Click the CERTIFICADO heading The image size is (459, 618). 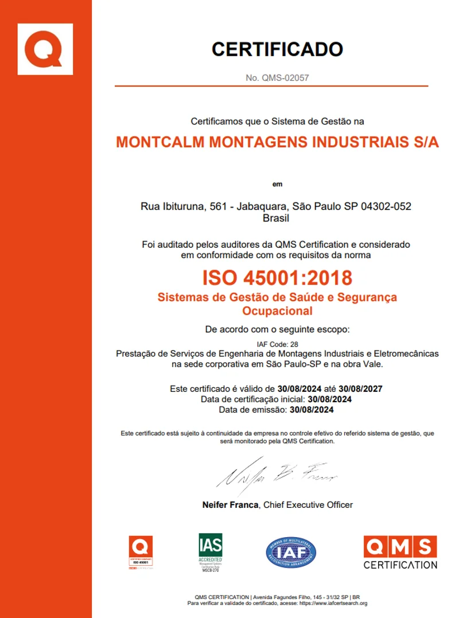point(277,49)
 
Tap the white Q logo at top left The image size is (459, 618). point(45,49)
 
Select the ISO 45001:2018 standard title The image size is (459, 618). point(277,278)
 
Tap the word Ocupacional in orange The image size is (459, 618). point(277,311)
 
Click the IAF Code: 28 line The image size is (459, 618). point(277,344)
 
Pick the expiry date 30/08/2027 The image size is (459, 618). point(360,388)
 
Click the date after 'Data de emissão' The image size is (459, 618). point(312,410)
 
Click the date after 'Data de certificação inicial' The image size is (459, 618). point(330,399)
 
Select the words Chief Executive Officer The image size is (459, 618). point(308,505)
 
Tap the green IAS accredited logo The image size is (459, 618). point(210,553)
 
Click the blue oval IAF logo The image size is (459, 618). point(291,553)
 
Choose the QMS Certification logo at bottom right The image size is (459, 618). point(400,553)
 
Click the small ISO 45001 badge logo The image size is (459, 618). point(141,553)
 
